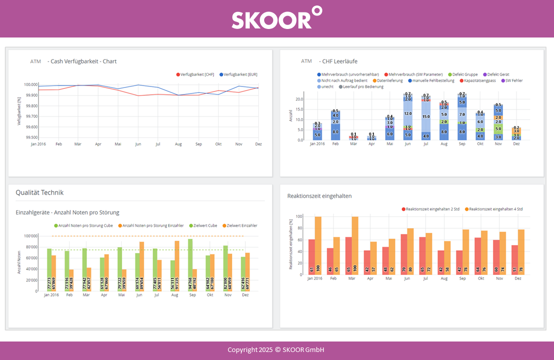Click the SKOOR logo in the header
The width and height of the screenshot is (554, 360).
[277, 18]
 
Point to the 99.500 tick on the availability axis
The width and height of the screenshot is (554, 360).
[31, 137]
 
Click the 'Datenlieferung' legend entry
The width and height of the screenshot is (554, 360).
[389, 80]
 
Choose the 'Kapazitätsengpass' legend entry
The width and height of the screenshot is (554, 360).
[479, 80]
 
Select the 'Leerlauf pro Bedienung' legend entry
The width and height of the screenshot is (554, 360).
[363, 86]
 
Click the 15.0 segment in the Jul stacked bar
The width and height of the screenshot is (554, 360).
[426, 116]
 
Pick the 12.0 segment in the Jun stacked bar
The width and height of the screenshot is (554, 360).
[408, 113]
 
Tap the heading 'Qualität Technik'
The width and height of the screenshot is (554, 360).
[40, 192]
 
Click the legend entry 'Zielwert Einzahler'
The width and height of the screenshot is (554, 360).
[242, 225]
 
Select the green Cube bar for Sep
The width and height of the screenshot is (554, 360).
[190, 264]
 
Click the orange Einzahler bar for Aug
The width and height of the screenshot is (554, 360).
[177, 265]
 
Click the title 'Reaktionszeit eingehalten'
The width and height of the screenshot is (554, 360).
[319, 196]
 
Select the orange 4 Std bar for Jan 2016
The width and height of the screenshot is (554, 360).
[318, 245]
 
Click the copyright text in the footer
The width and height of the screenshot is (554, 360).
[277, 350]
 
